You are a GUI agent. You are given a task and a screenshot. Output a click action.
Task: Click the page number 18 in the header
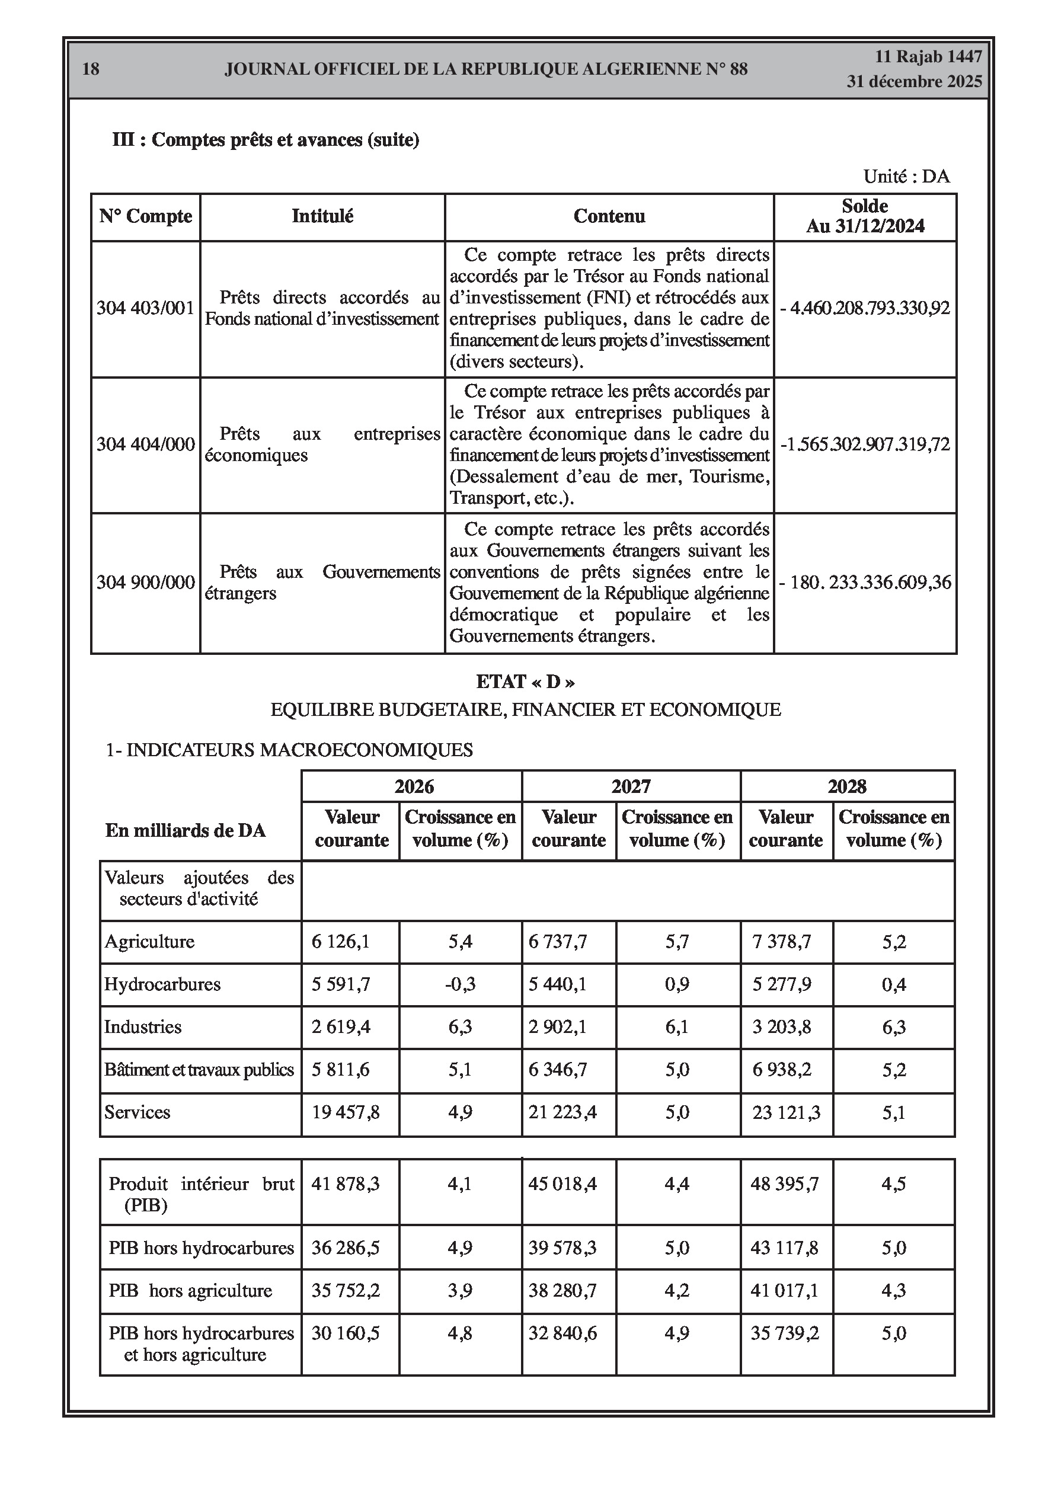91,69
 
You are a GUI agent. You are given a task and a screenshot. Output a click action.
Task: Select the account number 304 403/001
145,308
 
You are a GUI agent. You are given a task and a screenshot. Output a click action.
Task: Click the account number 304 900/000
145,581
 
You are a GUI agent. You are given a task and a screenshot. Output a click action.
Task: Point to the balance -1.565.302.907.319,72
865,444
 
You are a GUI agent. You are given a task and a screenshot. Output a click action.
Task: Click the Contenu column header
609,216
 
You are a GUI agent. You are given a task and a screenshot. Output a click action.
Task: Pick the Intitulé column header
322,216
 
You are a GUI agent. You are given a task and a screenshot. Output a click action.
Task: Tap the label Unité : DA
906,176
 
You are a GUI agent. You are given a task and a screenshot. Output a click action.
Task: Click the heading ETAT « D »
525,682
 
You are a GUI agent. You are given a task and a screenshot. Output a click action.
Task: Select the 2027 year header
631,786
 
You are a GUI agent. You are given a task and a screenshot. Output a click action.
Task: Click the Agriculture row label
149,942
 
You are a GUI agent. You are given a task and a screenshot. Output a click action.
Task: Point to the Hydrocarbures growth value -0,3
460,984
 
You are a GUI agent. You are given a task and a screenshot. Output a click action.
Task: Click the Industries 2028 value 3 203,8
781,1027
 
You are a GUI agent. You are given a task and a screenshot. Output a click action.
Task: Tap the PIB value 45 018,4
562,1183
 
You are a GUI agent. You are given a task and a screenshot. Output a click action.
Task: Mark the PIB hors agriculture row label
190,1290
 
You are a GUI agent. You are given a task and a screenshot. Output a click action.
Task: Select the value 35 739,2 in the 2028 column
784,1333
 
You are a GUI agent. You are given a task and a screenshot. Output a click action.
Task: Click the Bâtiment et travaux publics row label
199,1070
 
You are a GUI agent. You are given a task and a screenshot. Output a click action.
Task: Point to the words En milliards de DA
186,831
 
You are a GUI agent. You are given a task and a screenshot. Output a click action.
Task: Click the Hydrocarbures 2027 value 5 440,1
557,984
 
